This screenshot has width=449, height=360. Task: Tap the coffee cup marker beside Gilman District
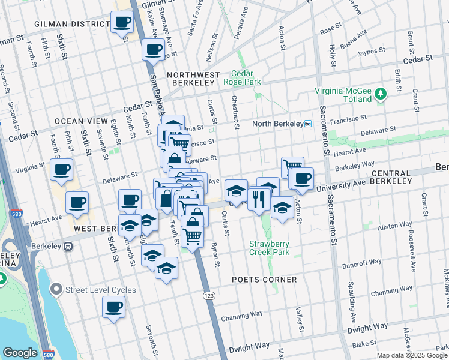click(122, 23)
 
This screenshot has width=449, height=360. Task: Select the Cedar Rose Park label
click(242, 77)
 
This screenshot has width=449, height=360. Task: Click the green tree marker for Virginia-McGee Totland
click(380, 94)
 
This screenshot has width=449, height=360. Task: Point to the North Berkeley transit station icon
click(308, 124)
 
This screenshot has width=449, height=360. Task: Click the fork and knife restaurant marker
click(259, 199)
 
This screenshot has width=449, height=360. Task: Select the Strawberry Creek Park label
click(270, 248)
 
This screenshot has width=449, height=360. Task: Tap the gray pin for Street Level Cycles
click(56, 290)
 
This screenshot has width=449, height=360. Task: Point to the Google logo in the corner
click(20, 353)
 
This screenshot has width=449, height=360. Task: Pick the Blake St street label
click(364, 344)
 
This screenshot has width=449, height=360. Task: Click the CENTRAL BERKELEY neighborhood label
click(391, 176)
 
